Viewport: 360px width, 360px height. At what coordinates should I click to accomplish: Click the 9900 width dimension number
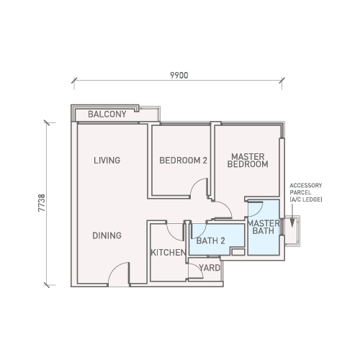pos(179,76)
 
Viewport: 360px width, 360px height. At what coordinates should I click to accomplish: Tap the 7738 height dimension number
pos(42,203)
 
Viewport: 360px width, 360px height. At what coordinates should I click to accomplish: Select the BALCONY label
pos(107,114)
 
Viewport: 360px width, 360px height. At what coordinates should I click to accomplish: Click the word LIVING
pos(107,161)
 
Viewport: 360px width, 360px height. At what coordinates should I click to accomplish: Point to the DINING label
pos(107,235)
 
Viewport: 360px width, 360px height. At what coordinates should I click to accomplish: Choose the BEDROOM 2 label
pos(183,161)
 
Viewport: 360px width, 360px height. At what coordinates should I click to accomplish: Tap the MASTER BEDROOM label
pos(248,161)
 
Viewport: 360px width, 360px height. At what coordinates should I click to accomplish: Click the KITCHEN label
pos(168,253)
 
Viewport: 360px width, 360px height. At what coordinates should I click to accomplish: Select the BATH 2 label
pos(210,240)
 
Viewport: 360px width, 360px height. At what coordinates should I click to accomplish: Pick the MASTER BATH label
pos(264,227)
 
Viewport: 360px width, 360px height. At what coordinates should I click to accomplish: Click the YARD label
pos(210,268)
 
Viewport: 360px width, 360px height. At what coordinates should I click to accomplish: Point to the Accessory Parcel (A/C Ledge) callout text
pos(306,192)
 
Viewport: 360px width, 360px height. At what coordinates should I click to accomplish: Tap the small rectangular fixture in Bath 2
pos(238,252)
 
